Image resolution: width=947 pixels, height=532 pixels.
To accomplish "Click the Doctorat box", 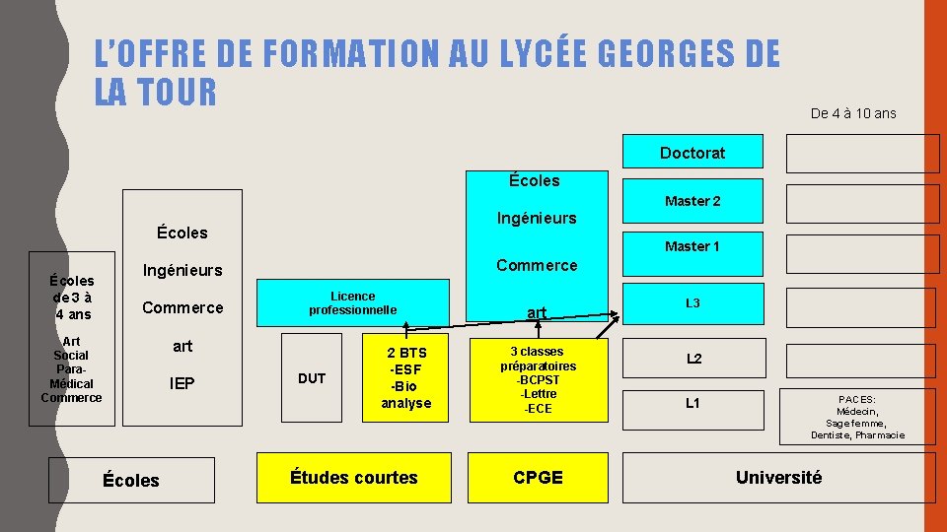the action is (x=692, y=153).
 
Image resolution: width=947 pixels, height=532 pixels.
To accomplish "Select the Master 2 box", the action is (x=692, y=201).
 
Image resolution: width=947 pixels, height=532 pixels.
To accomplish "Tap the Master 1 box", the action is (x=692, y=246).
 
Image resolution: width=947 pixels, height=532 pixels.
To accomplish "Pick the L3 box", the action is (x=692, y=303).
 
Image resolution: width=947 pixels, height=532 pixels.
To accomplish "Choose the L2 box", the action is (x=692, y=359).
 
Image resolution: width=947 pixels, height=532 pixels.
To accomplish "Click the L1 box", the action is (x=692, y=403).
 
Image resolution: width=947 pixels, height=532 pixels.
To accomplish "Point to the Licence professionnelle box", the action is (x=352, y=303).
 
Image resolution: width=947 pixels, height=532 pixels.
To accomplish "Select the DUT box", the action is (x=312, y=378).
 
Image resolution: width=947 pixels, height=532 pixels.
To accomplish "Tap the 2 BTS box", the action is (x=406, y=377).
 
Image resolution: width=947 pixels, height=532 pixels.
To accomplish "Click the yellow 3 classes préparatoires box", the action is (x=538, y=379).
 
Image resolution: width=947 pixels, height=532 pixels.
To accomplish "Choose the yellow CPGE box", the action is (x=538, y=478).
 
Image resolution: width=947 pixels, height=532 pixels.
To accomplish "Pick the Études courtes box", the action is (x=353, y=478).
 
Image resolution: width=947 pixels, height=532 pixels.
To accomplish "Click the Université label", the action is (x=778, y=478).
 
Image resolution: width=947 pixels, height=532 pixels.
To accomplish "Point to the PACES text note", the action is (x=856, y=417).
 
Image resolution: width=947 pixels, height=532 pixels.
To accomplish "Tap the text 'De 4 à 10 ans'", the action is (x=853, y=113).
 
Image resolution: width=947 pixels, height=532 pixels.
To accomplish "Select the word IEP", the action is (x=182, y=383).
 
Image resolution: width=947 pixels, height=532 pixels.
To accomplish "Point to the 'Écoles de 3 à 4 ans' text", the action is (x=72, y=298).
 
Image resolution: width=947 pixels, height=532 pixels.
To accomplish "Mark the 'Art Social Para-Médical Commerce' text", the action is (x=71, y=369).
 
